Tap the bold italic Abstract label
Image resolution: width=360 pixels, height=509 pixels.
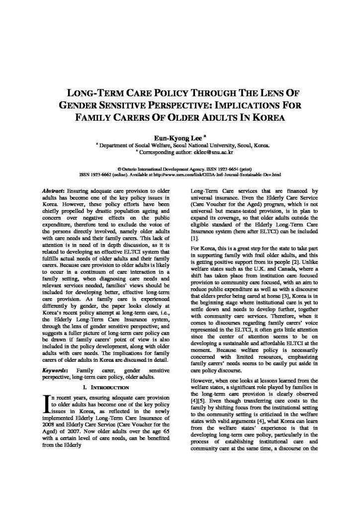(x=55, y=191)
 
